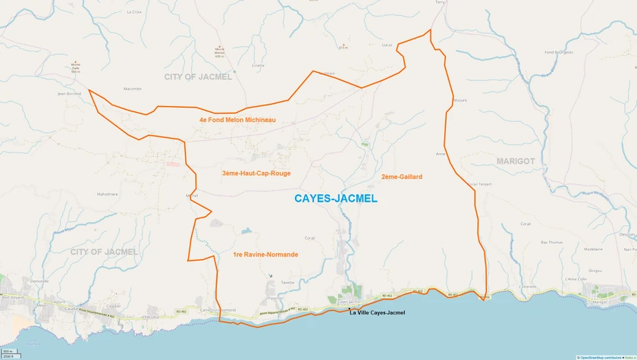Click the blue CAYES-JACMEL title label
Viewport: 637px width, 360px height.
[x=334, y=199]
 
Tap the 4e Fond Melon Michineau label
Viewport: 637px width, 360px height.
[x=237, y=120]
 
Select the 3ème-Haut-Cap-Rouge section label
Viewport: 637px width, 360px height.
[x=256, y=174]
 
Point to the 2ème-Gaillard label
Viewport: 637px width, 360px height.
[x=402, y=177]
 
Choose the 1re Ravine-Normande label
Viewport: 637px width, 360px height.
[x=265, y=255]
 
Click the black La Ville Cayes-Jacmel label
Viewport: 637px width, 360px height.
[x=377, y=313]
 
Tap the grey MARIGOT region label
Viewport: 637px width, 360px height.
[x=516, y=161]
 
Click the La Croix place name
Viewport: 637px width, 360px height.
[x=134, y=12]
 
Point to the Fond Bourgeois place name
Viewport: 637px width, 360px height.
[x=559, y=52]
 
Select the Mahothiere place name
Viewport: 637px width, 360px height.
[x=107, y=193]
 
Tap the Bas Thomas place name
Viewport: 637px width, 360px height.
[x=551, y=242]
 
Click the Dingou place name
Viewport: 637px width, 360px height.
[x=595, y=271]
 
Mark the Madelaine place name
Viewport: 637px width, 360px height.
[x=594, y=249]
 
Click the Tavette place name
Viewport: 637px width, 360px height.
[x=287, y=282]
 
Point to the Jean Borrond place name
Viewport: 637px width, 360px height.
[x=69, y=93]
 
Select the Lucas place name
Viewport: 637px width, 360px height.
[x=389, y=45]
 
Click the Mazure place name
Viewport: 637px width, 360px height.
[x=460, y=100]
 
